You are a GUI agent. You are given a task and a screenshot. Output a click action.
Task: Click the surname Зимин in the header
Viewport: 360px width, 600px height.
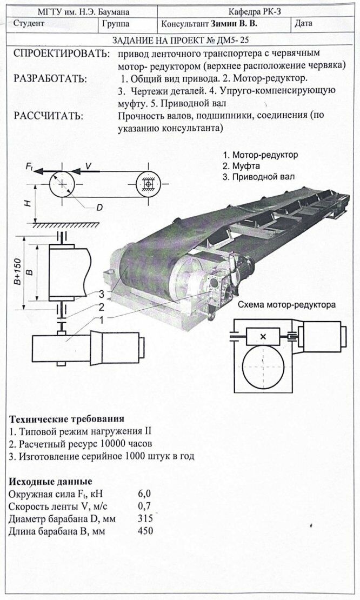(x=223, y=24)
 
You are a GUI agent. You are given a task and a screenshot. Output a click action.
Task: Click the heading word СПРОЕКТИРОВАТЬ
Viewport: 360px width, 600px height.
(x=59, y=54)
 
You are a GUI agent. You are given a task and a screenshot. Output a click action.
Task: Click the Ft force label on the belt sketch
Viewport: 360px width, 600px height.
(x=30, y=168)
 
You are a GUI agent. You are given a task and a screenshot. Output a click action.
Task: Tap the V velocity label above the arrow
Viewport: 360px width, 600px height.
(x=88, y=166)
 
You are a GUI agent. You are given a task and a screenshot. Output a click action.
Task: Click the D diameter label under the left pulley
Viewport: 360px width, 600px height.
(x=99, y=207)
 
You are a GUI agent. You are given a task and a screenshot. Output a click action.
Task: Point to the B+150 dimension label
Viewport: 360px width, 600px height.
(x=18, y=272)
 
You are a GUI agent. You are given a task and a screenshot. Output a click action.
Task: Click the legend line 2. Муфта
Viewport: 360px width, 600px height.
(x=242, y=165)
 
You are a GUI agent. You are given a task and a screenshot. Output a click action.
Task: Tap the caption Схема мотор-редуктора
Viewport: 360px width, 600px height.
(x=286, y=305)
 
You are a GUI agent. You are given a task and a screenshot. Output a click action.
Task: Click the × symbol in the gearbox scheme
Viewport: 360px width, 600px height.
(x=263, y=337)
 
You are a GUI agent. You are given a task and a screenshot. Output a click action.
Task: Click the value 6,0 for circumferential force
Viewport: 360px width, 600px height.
(x=145, y=494)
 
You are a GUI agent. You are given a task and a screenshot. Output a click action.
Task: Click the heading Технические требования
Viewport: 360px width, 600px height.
(x=67, y=419)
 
